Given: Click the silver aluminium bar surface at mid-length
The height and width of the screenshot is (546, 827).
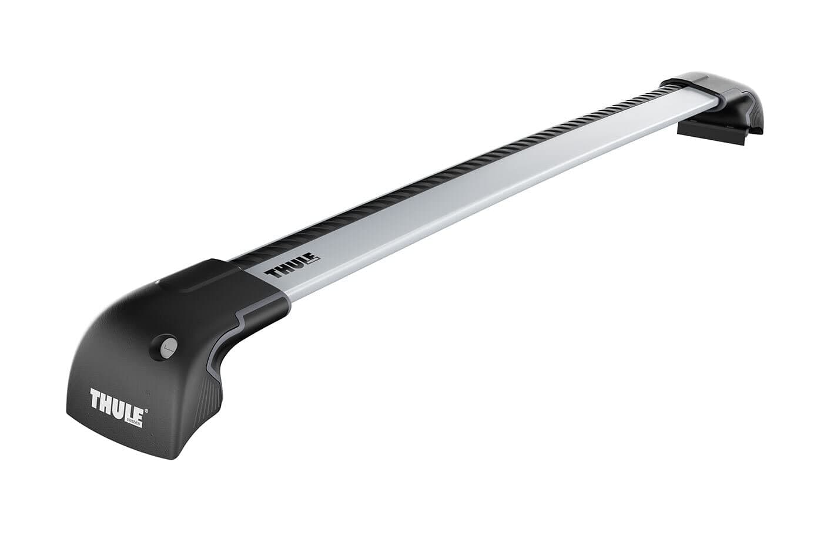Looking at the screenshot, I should coord(470,194).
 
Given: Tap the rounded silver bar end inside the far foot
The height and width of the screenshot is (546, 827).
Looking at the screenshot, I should coord(705,100).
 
